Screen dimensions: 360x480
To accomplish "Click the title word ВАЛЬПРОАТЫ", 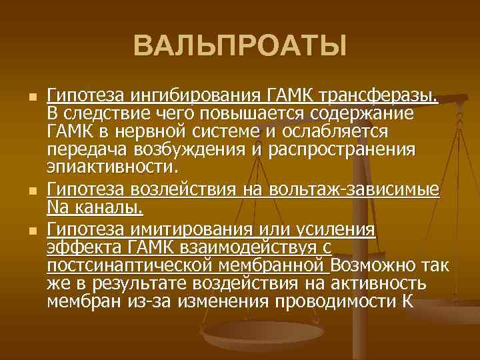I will tap(240, 47).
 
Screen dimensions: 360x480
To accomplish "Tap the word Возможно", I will tap(372, 265).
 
